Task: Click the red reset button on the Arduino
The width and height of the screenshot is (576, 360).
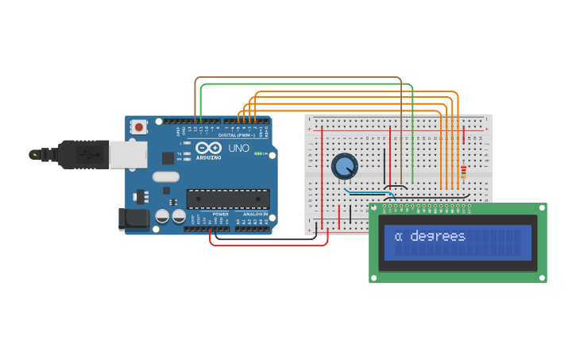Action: click(139, 126)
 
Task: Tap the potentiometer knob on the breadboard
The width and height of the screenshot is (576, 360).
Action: click(344, 166)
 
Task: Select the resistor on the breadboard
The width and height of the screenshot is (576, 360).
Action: click(464, 172)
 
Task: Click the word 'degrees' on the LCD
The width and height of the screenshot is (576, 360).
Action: click(437, 237)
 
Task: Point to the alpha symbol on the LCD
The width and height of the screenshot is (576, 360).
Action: click(398, 237)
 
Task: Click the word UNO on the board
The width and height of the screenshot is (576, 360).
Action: click(239, 148)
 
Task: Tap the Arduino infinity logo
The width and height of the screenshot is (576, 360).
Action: click(208, 148)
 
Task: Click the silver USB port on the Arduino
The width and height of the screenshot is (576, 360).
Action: click(127, 154)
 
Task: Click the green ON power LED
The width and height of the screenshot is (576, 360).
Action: click(257, 153)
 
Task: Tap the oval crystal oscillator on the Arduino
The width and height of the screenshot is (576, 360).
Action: click(166, 176)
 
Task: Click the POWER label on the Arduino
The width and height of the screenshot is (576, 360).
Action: click(220, 214)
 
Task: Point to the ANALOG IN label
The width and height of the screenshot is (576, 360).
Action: click(254, 214)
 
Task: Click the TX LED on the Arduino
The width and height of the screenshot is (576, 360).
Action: click(185, 153)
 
